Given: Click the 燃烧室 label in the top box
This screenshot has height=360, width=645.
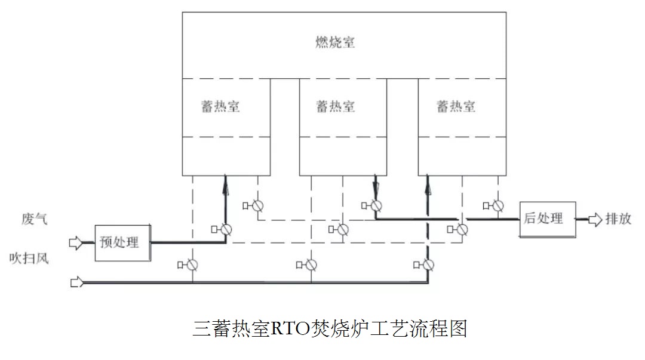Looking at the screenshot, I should click(x=336, y=42).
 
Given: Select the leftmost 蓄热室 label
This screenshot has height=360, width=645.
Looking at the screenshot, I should click(x=220, y=106).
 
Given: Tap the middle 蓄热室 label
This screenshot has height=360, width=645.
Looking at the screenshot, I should click(x=336, y=106).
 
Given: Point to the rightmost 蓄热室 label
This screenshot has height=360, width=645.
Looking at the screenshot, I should click(x=456, y=106).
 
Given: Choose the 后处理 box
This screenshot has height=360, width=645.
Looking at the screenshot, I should click(x=547, y=219).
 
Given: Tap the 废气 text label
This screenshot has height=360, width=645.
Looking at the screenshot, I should click(x=31, y=220).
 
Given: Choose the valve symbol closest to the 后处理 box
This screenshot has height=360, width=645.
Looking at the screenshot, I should click(x=497, y=206).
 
